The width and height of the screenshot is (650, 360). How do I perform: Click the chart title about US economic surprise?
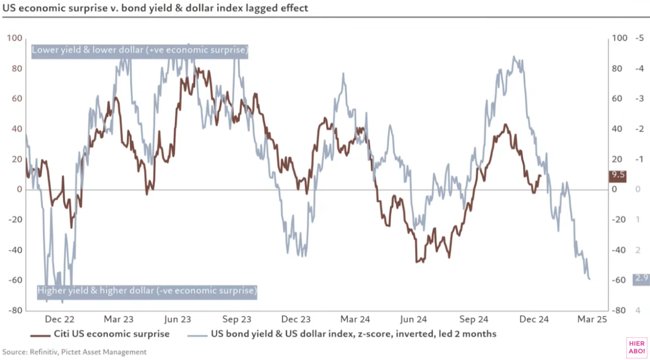(x=155, y=8)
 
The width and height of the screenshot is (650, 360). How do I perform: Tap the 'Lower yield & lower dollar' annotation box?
(x=140, y=50)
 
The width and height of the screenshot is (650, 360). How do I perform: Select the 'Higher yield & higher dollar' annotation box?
(x=147, y=291)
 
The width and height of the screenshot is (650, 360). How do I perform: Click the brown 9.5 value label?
(x=618, y=175)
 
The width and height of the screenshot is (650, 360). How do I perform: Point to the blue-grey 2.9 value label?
(x=641, y=278)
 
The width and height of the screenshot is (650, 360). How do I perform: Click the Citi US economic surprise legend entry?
(x=100, y=334)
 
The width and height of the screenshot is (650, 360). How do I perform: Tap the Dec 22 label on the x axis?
(x=59, y=319)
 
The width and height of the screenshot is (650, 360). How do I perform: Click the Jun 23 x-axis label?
(x=178, y=319)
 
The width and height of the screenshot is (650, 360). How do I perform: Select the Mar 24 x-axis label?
(x=356, y=319)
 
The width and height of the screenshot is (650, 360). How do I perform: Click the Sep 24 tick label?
(x=474, y=319)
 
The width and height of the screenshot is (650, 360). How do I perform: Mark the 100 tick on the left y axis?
(x=15, y=39)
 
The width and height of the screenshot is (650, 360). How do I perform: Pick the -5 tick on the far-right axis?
(x=639, y=39)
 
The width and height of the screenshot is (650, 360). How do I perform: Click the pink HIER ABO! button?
(x=636, y=347)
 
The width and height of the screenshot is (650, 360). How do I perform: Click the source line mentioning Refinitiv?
(x=74, y=352)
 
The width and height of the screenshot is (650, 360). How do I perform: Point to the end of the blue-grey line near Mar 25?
(x=590, y=279)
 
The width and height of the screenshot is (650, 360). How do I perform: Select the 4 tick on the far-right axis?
(x=638, y=310)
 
